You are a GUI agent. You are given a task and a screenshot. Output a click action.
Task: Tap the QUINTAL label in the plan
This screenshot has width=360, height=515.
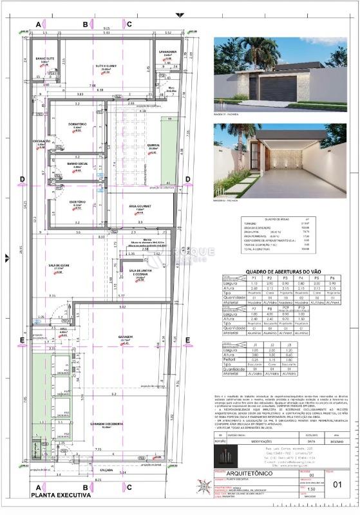[153, 145]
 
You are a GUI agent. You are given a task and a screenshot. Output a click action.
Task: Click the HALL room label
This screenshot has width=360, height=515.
[63, 329]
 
